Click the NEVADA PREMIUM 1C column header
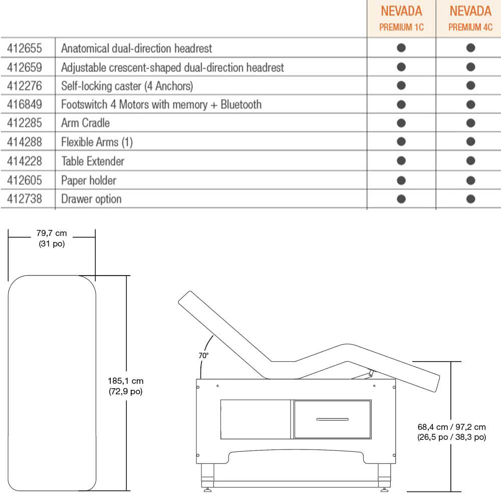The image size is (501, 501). (x=401, y=18)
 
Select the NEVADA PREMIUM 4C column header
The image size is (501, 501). (x=470, y=18)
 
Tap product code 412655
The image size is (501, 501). (x=25, y=49)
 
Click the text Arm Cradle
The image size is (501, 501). (x=85, y=123)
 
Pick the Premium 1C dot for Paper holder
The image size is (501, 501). (x=401, y=180)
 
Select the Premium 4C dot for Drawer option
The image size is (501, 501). (x=470, y=199)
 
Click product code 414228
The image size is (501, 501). (x=25, y=161)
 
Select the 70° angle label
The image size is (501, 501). (x=203, y=355)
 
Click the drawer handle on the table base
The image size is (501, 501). (x=332, y=419)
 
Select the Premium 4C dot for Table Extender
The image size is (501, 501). (x=470, y=161)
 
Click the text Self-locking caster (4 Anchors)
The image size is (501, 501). (x=127, y=86)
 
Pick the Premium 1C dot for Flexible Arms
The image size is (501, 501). (x=401, y=142)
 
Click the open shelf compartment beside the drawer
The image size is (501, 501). (x=256, y=419)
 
